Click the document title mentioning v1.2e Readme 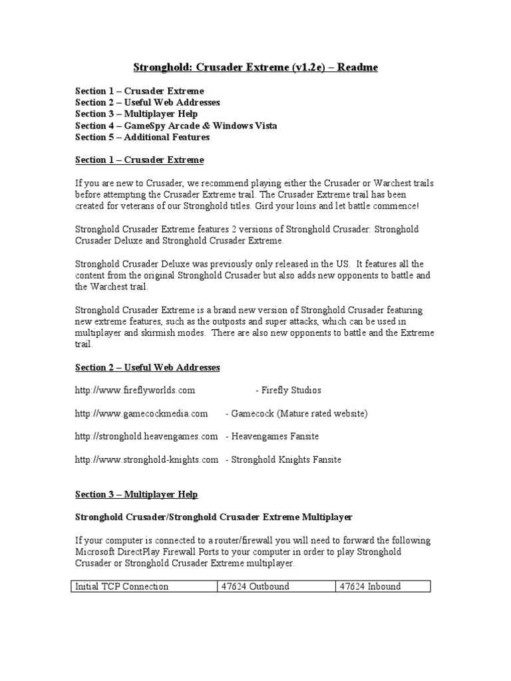(x=255, y=67)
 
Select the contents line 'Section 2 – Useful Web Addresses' (x=147, y=102)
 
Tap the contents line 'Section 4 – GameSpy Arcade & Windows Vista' (x=176, y=125)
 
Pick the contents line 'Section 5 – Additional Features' (x=142, y=137)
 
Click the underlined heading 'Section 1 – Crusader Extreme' (x=139, y=160)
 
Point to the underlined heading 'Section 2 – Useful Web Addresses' (x=147, y=368)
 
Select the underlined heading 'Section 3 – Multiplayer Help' (x=136, y=495)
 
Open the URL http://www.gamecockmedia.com (x=141, y=414)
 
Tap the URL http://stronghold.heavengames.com (x=146, y=436)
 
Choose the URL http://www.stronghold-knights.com (x=146, y=460)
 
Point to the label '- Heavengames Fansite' (x=272, y=436)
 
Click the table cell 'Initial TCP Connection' (x=122, y=587)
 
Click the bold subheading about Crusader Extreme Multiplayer (x=214, y=517)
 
